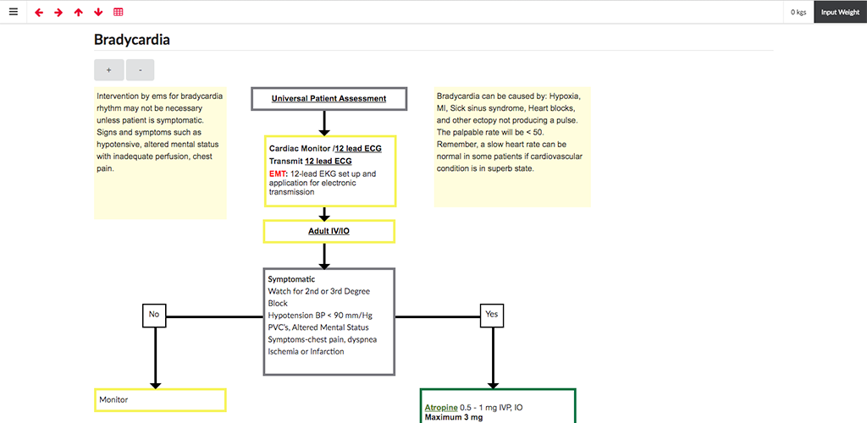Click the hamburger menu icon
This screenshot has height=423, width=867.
pos(14,12)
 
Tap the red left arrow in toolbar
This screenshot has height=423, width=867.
pos(39,12)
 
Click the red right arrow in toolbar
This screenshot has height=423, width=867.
pos(58,12)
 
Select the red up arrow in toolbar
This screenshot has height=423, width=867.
pos(79,12)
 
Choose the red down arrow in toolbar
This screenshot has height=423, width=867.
pos(98,12)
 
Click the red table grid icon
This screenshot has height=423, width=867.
pos(119,12)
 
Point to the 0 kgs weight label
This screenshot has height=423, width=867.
pos(798,12)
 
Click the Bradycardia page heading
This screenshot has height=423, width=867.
pos(131,40)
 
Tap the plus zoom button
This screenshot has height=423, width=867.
pos(109,70)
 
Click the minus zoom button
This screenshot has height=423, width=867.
pos(141,70)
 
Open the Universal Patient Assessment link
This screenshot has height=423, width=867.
pos(329,99)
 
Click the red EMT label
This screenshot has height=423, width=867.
pos(278,173)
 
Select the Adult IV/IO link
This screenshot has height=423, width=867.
pos(329,231)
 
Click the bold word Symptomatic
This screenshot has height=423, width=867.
pos(291,279)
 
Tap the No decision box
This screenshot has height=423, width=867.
pos(154,314)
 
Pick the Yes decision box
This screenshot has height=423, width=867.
pos(492,314)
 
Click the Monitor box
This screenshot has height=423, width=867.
pos(160,400)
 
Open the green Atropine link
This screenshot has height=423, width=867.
pos(441,408)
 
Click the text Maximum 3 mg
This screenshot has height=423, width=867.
pos(454,417)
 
